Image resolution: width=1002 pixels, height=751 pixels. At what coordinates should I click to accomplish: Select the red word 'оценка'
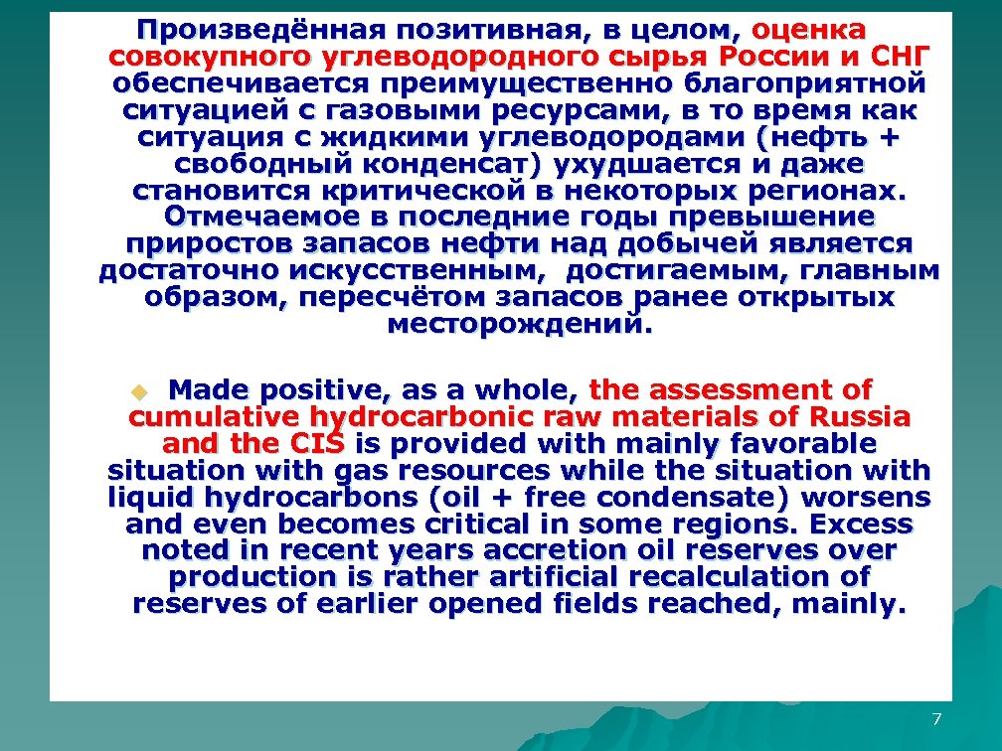point(809,30)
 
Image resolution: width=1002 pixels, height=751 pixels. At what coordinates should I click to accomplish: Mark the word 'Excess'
point(863,523)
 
